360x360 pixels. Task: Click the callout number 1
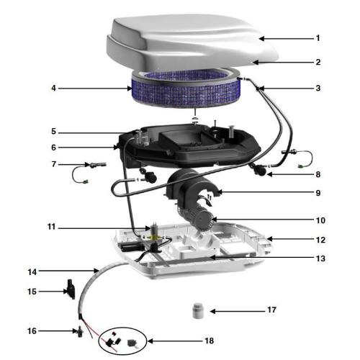tap(318, 38)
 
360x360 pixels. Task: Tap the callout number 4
tap(53, 89)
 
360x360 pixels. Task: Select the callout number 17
tap(271, 310)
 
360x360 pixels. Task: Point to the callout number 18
tap(210, 341)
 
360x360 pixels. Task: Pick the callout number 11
tap(51, 227)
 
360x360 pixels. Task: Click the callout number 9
tap(318, 193)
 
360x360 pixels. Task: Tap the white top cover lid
tap(192, 41)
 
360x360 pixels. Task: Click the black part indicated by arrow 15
tap(71, 289)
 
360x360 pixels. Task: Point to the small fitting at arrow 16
tap(80, 331)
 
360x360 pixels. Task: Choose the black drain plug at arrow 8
tap(258, 170)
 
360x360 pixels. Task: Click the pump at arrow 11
tap(153, 236)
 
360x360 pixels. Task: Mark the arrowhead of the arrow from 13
tap(212, 258)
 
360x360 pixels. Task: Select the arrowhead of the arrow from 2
tap(256, 63)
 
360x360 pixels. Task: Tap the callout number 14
tap(32, 272)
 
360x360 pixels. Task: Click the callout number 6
tap(53, 148)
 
